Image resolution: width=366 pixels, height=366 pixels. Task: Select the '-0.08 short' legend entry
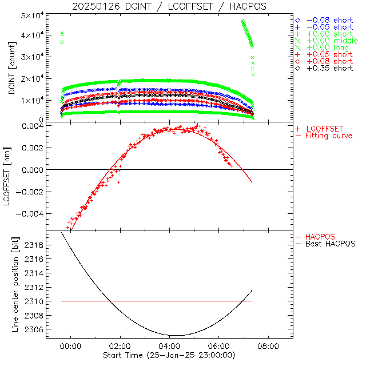(x=329, y=20)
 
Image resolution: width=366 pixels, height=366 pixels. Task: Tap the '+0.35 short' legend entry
(x=329, y=68)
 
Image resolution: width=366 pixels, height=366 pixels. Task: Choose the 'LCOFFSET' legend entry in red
(x=327, y=129)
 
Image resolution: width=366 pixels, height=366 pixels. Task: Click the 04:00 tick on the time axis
(x=170, y=346)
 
